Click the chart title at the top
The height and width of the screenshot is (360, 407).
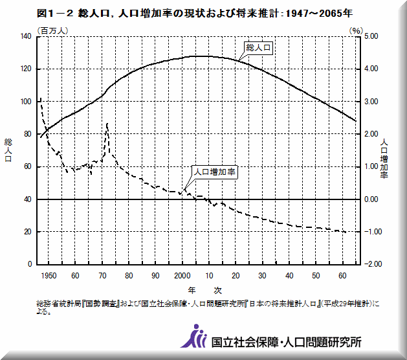[195, 13]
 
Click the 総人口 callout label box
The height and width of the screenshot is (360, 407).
[258, 47]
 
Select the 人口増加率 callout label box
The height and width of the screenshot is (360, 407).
[215, 172]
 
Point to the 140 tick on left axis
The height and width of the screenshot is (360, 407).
[25, 37]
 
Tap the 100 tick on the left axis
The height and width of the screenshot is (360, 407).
[25, 102]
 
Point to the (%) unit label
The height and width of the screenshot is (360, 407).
[355, 30]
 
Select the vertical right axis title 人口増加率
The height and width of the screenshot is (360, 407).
[384, 158]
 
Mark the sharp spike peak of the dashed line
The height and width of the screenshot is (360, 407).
[107, 123]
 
